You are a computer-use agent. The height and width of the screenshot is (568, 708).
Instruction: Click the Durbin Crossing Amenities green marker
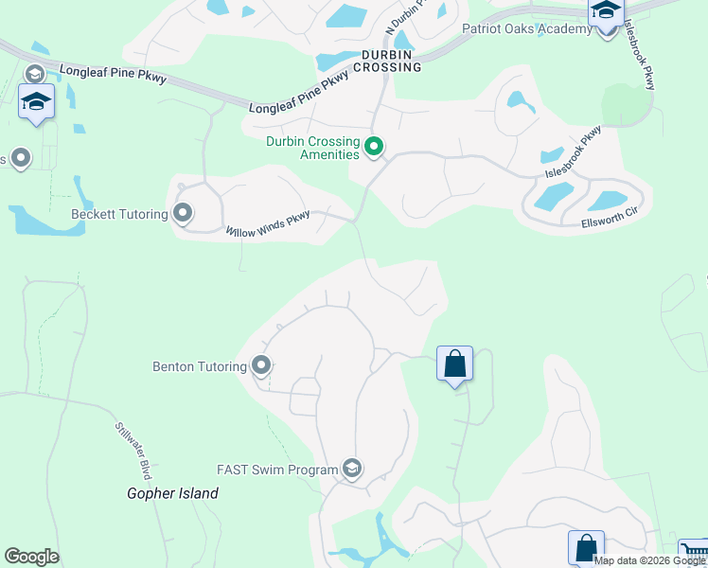pos(374,147)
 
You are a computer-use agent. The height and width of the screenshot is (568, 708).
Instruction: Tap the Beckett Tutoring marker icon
pos(183,214)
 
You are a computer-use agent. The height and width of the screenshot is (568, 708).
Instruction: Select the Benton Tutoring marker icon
pos(261,365)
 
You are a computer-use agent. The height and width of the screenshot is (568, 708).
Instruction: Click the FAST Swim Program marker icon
pos(352,469)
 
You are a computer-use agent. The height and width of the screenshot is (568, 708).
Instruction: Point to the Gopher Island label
pos(173,493)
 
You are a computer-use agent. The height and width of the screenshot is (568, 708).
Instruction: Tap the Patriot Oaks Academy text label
pos(526,28)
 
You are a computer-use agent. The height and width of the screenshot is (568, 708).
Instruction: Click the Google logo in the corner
pos(31,557)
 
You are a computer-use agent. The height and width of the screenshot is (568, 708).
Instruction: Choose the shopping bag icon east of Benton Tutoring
pos(454,363)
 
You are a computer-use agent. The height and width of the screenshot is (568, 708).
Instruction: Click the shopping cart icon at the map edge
pos(694,553)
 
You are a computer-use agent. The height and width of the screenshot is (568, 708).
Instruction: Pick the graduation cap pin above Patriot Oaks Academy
pos(605,11)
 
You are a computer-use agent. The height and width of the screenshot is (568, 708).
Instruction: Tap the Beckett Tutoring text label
pos(119,214)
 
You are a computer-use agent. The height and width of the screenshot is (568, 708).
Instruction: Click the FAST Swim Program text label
pos(277,470)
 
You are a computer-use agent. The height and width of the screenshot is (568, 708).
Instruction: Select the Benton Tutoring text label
pos(200,365)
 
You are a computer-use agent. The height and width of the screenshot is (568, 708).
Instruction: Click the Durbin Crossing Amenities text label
pos(312,148)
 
